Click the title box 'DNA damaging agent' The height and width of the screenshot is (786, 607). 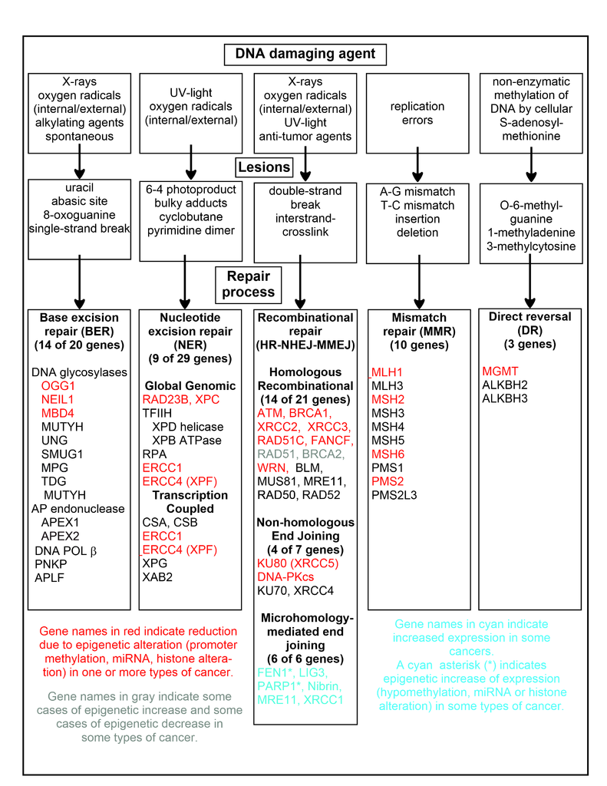pos(304,54)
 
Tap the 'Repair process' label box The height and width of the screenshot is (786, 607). pos(249,284)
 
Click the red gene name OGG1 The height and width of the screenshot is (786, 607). pos(59,385)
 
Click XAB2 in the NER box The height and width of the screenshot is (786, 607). pos(157,577)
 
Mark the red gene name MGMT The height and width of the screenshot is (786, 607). pos(499,371)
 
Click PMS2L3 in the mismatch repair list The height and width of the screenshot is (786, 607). pos(394,496)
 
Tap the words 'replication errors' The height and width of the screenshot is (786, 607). pos(417,113)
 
